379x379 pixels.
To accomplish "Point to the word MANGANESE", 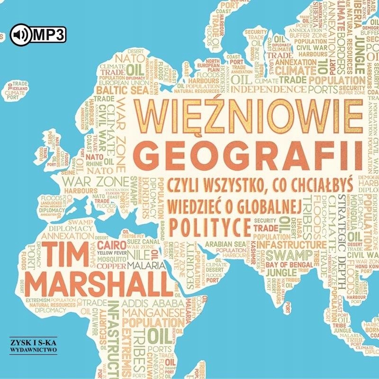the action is (x=148, y=314).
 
